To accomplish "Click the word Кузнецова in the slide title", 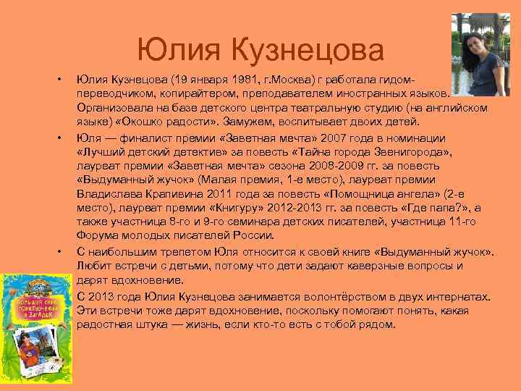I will click(x=308, y=50).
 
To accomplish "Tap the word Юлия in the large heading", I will click(x=181, y=50).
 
